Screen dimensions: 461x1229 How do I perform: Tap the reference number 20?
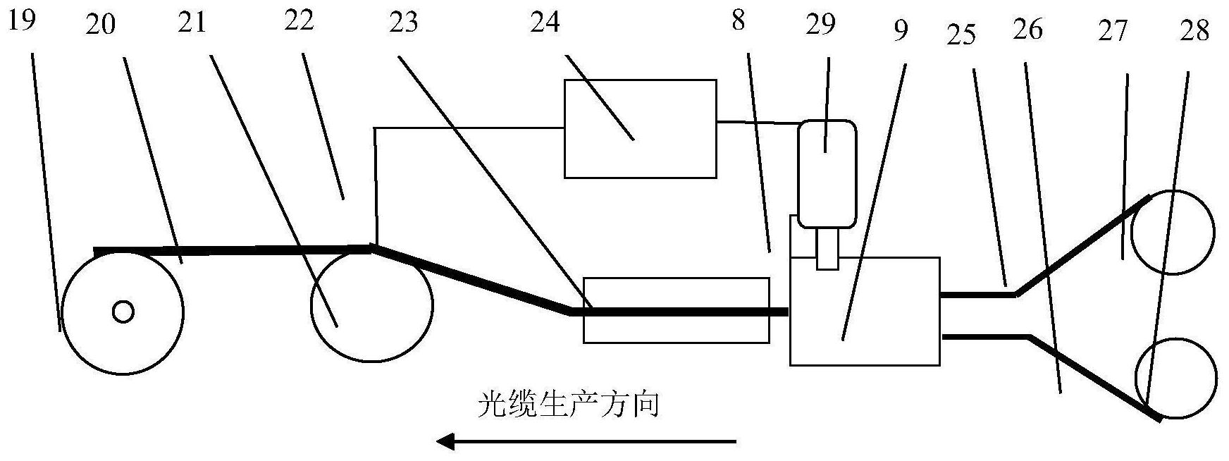point(101,26)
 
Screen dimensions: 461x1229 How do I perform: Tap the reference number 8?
point(738,20)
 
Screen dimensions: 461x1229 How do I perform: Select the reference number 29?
point(821,23)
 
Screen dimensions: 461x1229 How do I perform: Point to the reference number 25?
point(961,34)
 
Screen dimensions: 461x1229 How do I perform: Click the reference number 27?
point(1113,32)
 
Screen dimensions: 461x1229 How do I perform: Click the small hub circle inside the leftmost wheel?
point(123,311)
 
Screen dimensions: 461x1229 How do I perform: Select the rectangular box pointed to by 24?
point(641,128)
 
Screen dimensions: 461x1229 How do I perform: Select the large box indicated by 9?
point(865,311)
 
